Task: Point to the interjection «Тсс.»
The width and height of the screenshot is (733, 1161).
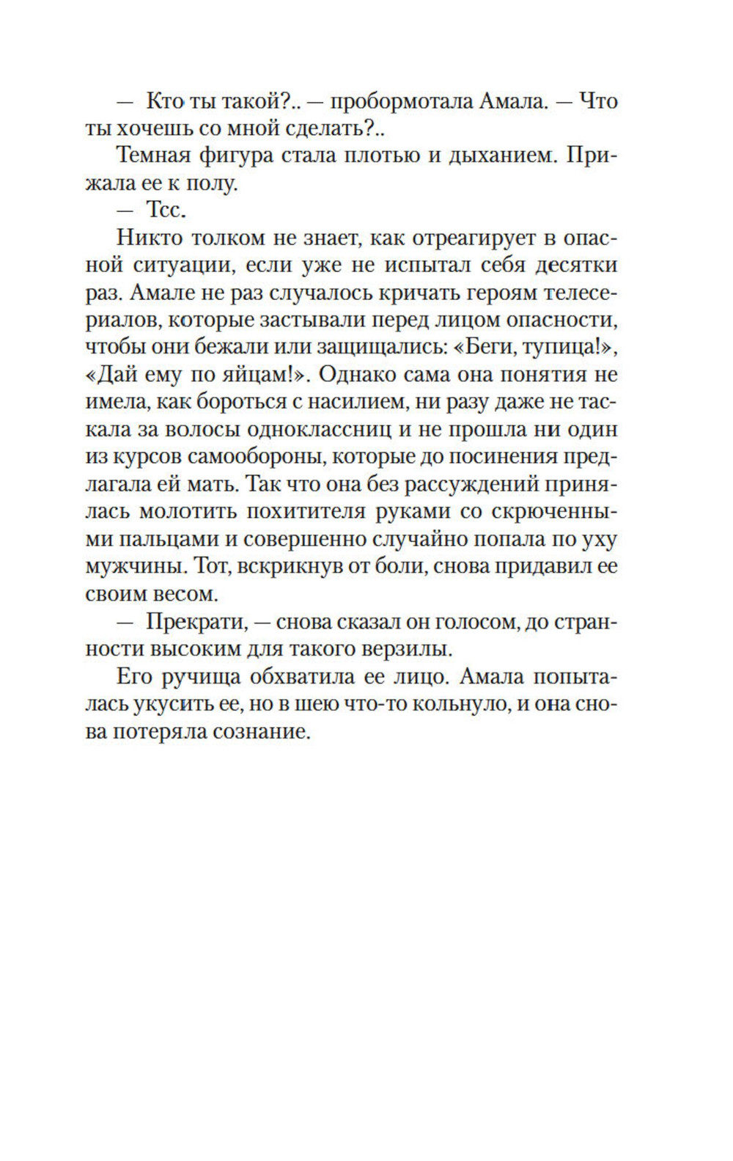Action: click(167, 210)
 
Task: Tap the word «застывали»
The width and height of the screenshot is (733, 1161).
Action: click(328, 320)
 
